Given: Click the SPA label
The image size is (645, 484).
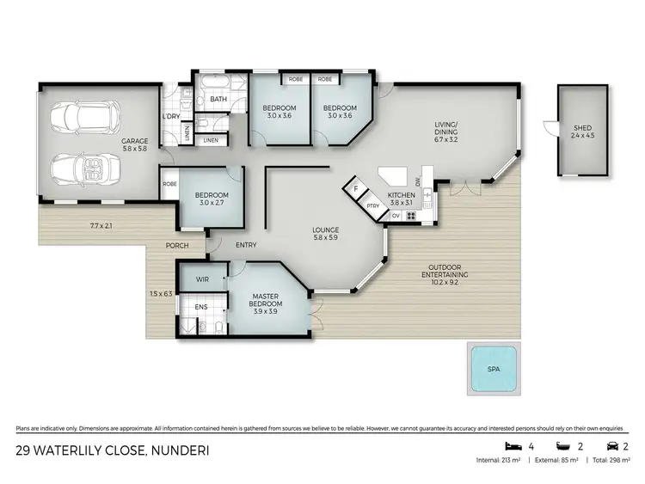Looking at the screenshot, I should [x=493, y=371].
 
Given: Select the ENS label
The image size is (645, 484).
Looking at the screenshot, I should [x=200, y=307].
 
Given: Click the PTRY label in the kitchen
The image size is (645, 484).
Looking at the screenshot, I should [x=372, y=206].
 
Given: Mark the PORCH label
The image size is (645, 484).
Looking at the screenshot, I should [x=179, y=246].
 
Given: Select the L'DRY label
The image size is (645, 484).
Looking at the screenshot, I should [x=170, y=117].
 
